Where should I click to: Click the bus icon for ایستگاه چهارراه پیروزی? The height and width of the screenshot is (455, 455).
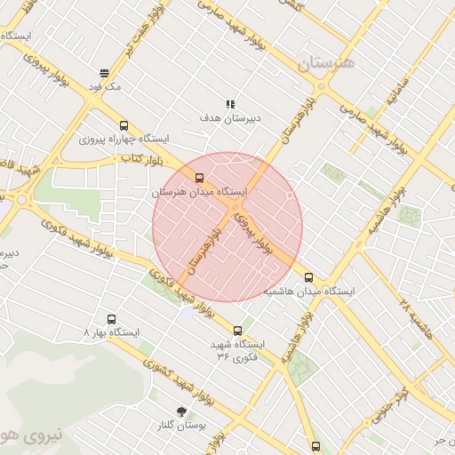[123, 125]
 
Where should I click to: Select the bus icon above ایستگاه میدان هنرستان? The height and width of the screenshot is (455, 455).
[198, 177]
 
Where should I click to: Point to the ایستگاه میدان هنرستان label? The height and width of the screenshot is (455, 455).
[198, 191]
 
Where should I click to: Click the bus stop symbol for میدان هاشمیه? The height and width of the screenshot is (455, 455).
[309, 277]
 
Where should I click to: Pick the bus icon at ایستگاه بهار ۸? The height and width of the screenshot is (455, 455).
[111, 318]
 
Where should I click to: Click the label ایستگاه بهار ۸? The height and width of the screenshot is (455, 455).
[111, 332]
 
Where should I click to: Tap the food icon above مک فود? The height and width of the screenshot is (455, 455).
[105, 73]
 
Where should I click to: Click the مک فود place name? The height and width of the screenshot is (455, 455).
[104, 87]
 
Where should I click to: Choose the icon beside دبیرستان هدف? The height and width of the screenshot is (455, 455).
[230, 103]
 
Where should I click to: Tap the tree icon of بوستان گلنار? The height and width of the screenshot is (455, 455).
[183, 411]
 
